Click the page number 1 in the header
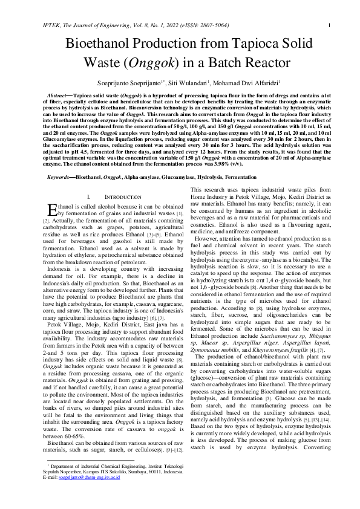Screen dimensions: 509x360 [x=328, y=25]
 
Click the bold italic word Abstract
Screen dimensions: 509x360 [x=59, y=96]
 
